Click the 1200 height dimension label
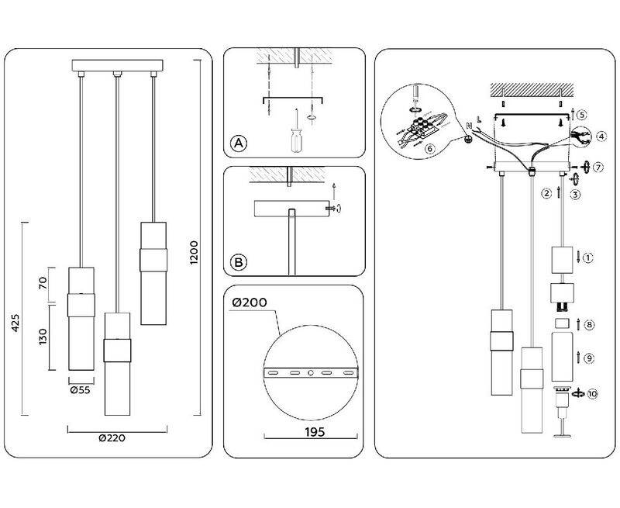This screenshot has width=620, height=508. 195,253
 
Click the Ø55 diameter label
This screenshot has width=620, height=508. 80,391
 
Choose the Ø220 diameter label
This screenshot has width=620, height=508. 112,437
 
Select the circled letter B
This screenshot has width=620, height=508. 239,263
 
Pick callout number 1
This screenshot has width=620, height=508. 587,257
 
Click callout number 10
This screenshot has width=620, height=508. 593,394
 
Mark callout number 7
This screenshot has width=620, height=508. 598,168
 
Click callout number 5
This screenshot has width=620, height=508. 583,114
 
